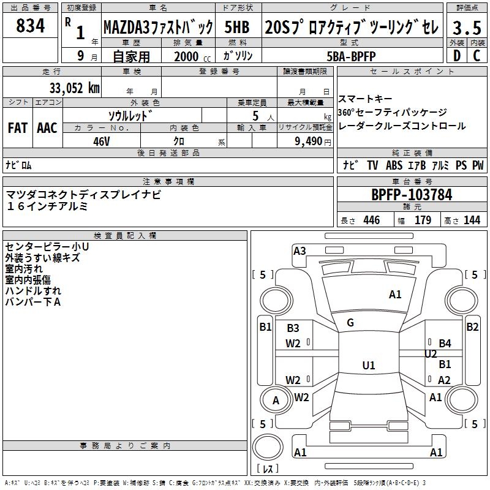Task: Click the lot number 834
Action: [30, 26]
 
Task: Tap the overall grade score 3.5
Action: [467, 28]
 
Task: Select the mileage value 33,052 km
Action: [74, 88]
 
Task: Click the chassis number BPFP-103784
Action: [412, 195]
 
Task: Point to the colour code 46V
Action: [101, 141]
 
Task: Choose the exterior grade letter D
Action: [457, 56]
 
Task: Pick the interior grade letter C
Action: [477, 56]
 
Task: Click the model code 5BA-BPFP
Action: [351, 56]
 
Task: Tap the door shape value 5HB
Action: [237, 27]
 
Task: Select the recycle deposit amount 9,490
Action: [309, 141]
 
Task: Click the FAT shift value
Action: [18, 128]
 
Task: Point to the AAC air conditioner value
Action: [47, 128]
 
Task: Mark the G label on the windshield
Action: [350, 323]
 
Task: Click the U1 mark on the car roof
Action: [369, 365]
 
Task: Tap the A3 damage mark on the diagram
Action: [300, 251]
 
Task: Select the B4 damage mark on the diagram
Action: [445, 343]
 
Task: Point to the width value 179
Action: [423, 220]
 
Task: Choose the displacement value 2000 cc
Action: [192, 56]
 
